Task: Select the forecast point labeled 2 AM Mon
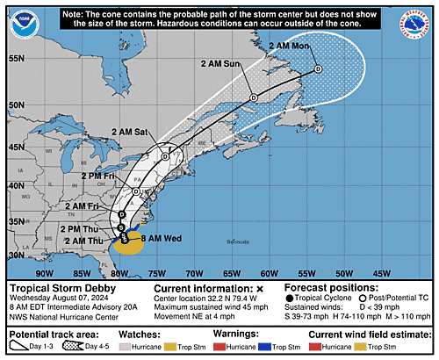click(319, 68)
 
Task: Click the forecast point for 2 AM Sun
click(253, 97)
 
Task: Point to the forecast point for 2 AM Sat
click(165, 155)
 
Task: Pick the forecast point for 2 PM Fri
click(137, 191)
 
